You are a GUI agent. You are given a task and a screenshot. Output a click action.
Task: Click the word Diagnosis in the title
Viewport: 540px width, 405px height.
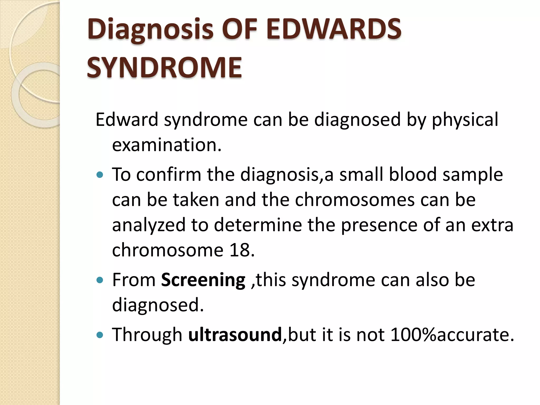click(150, 30)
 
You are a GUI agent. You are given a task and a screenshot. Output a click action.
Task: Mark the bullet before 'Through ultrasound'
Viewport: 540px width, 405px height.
click(100, 335)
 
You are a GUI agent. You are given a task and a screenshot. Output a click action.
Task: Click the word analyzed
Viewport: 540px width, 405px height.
click(149, 225)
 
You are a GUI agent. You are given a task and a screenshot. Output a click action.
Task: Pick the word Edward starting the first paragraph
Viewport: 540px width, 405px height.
click(127, 119)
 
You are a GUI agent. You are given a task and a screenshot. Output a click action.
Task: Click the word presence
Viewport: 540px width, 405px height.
click(379, 225)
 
